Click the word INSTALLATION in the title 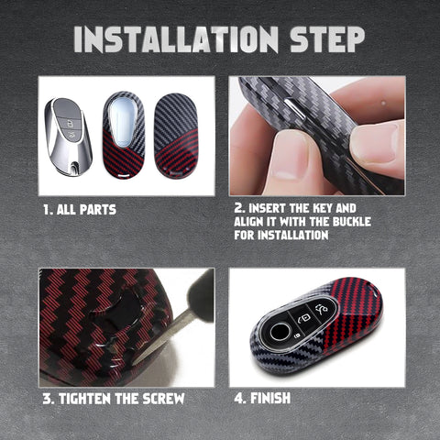tap(176, 39)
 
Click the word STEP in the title tap(327, 39)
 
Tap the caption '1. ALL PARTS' tap(80, 210)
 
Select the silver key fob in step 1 tap(68, 137)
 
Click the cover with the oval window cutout tap(124, 135)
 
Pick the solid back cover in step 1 tap(176, 136)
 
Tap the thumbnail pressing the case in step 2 tap(289, 156)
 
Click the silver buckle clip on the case tap(295, 108)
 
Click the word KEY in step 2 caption tap(318, 208)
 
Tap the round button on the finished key tap(280, 332)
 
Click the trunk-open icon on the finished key tap(321, 309)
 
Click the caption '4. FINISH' tap(262, 398)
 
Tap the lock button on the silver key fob tap(70, 125)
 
